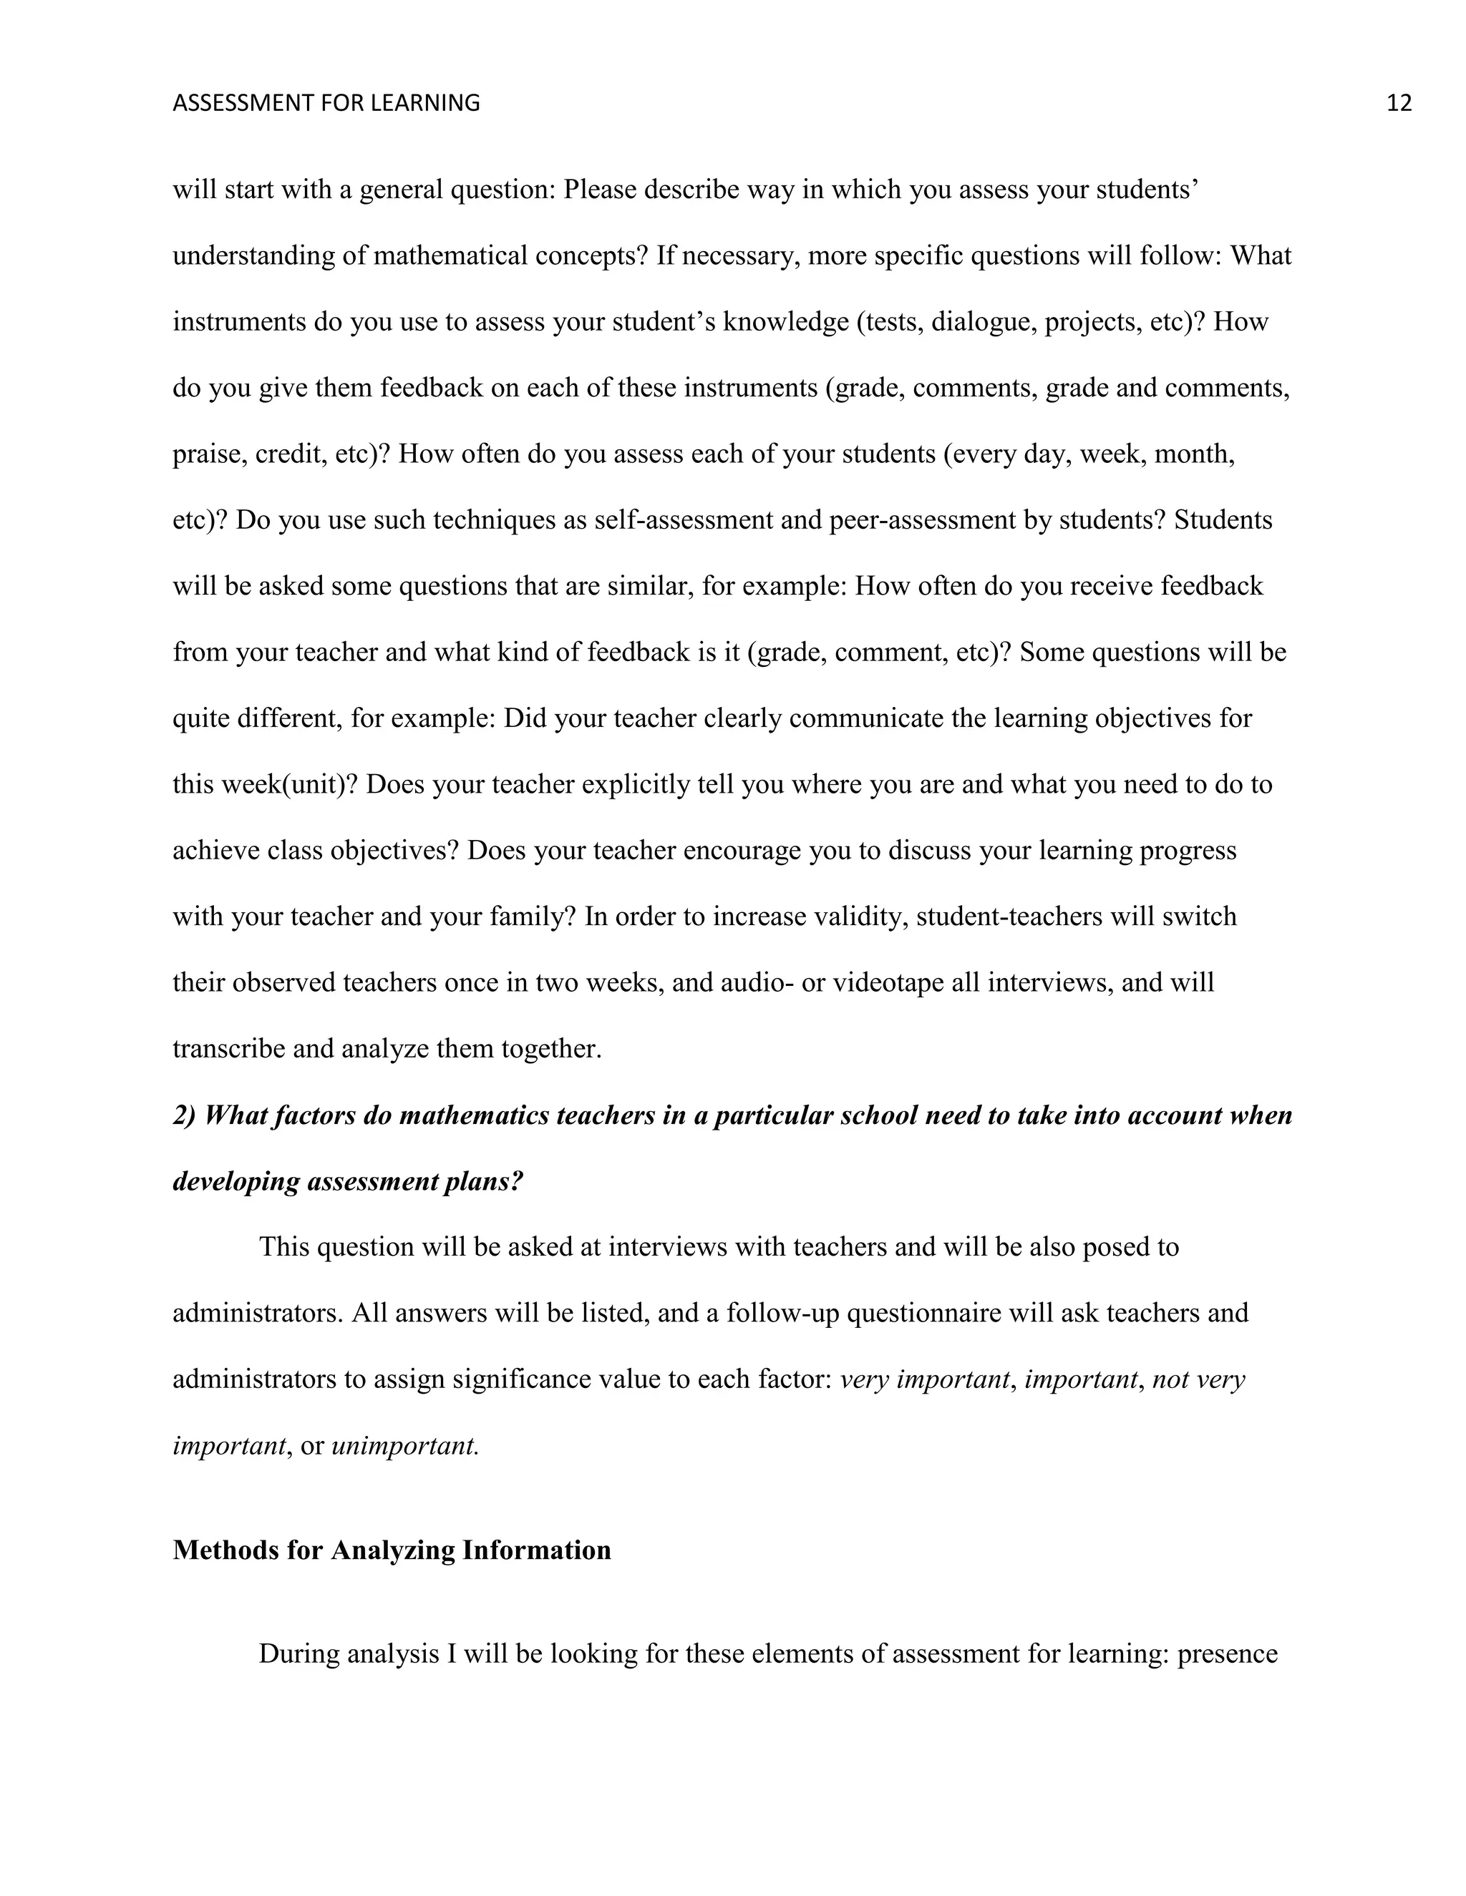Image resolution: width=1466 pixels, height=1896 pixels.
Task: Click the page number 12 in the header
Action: click(x=1398, y=103)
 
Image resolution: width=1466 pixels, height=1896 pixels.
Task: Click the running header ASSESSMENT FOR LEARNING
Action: click(x=326, y=103)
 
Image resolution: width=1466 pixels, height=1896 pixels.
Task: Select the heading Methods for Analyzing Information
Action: click(x=392, y=1550)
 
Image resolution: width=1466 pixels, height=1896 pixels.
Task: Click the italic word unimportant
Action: click(x=404, y=1445)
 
